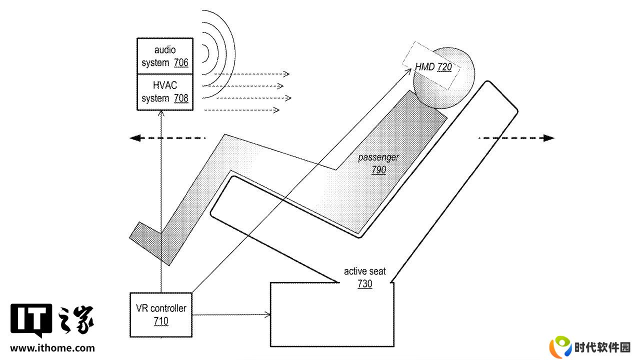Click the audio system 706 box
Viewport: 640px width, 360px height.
click(x=165, y=56)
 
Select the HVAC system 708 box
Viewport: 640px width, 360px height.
click(x=165, y=92)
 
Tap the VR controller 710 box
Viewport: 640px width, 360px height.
click(x=161, y=315)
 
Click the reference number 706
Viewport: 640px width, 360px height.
click(x=181, y=62)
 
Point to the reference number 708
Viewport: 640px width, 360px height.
click(x=181, y=98)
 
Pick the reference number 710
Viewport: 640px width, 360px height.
click(x=161, y=321)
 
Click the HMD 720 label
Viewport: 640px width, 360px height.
click(x=433, y=67)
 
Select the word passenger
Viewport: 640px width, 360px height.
click(x=378, y=157)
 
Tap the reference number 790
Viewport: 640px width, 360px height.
click(x=379, y=170)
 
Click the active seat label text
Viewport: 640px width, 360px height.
click(x=365, y=271)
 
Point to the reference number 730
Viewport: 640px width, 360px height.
click(x=365, y=283)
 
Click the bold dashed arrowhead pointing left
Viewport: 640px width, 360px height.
click(x=135, y=138)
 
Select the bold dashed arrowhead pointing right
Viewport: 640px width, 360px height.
click(x=548, y=138)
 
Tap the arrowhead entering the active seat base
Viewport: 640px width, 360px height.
click(x=267, y=315)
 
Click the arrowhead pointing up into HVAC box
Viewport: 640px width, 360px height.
click(x=161, y=113)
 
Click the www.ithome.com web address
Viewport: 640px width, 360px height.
click(x=52, y=348)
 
